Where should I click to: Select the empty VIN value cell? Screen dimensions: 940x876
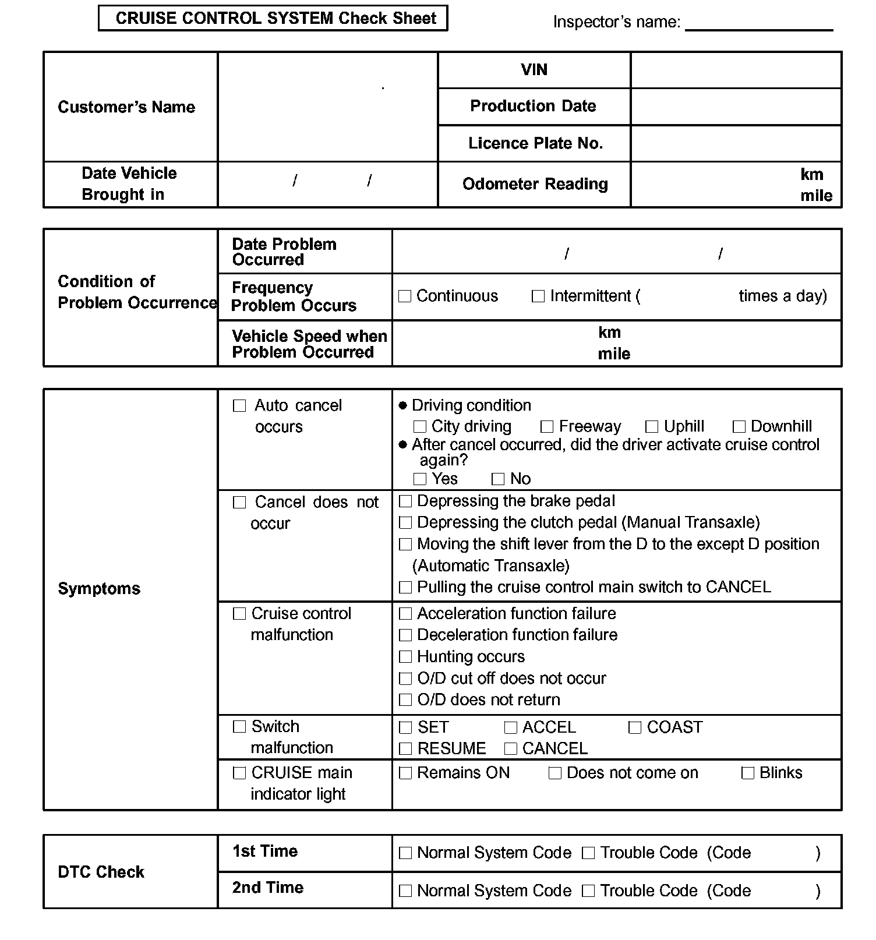(x=736, y=70)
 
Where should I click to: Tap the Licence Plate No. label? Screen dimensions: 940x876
(x=535, y=143)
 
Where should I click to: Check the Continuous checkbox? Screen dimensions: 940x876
(x=405, y=296)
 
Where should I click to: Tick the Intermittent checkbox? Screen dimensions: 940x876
(x=538, y=296)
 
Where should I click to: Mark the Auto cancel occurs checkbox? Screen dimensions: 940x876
(x=239, y=406)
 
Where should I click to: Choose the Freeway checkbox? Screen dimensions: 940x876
(x=547, y=427)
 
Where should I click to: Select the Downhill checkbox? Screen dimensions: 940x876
(x=739, y=427)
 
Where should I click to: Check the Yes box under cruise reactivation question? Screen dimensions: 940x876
(x=420, y=479)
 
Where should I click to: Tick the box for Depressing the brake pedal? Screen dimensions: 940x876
(x=405, y=501)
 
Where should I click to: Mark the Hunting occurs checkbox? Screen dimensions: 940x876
(x=405, y=657)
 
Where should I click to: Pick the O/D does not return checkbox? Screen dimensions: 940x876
(x=405, y=700)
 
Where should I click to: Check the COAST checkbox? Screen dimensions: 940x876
(x=635, y=727)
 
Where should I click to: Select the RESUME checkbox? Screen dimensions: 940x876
(x=405, y=748)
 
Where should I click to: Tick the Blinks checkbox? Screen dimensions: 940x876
(x=748, y=773)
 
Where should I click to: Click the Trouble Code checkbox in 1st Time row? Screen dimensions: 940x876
(x=588, y=853)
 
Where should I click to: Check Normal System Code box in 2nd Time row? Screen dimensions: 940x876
(x=405, y=891)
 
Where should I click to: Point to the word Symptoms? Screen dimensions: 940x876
(x=99, y=589)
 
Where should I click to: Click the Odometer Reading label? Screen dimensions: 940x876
(x=535, y=184)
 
